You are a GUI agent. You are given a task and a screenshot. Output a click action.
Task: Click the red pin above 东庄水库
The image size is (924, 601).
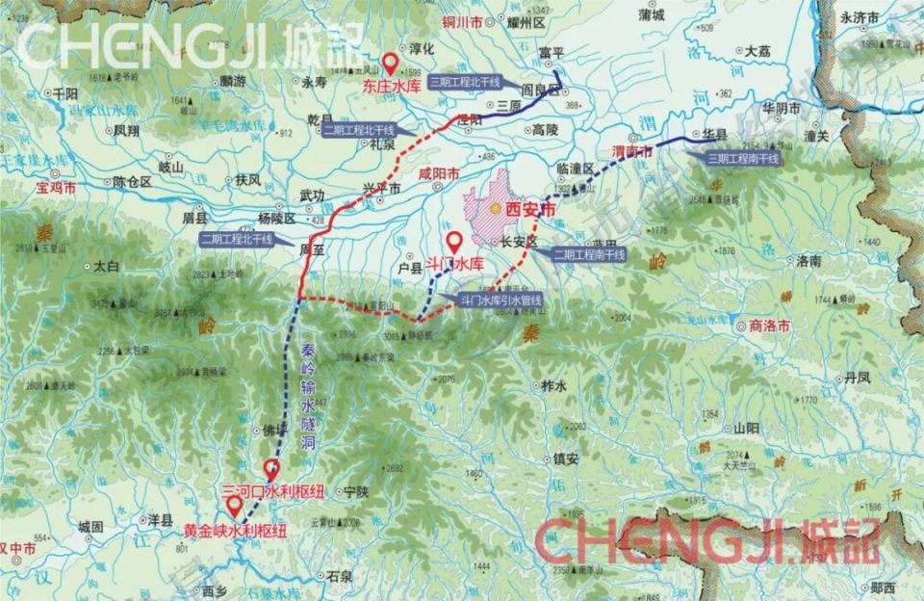391,64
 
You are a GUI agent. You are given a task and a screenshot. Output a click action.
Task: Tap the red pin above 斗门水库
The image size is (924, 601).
453,242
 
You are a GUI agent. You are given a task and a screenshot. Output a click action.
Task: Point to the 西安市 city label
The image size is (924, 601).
530,208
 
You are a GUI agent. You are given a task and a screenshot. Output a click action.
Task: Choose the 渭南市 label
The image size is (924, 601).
632,152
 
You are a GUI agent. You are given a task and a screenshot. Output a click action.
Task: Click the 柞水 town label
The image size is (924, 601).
552,385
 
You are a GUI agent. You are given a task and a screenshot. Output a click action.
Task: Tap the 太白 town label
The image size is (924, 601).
107,265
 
